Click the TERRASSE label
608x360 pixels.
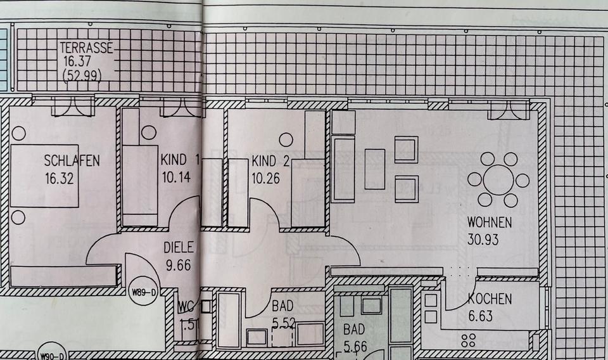click(x=87, y=47)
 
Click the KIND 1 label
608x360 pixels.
click(x=180, y=160)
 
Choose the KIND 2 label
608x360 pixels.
click(x=270, y=160)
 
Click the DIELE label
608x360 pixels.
click(x=179, y=248)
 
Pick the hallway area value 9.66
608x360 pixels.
click(x=177, y=265)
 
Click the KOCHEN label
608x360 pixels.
click(x=490, y=300)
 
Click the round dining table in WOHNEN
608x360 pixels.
click(x=498, y=179)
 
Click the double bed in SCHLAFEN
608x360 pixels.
click(x=44, y=176)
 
